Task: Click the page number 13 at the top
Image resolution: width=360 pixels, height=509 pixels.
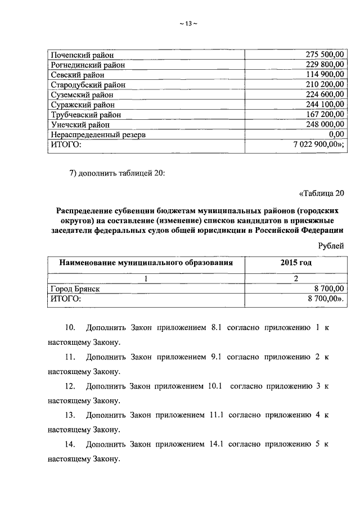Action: pos(188,23)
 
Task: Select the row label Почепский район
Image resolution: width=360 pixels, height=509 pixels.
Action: pos(82,55)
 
